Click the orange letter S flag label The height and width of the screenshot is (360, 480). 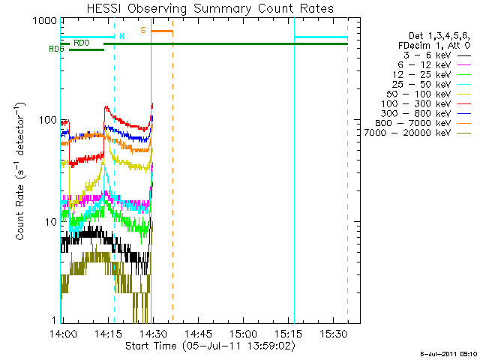point(143,30)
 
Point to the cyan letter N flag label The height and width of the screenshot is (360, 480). point(121,36)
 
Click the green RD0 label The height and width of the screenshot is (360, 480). point(82,43)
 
